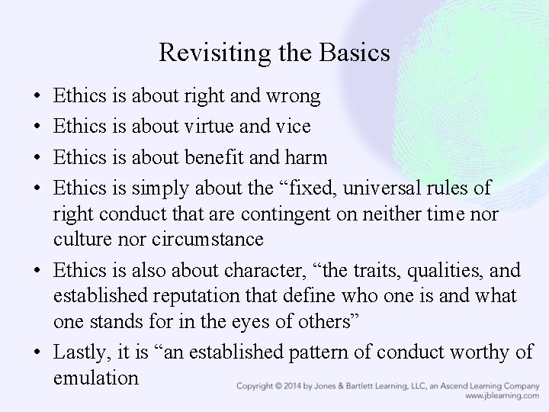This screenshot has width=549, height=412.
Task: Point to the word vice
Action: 293,127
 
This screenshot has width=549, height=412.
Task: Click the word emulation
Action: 96,377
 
